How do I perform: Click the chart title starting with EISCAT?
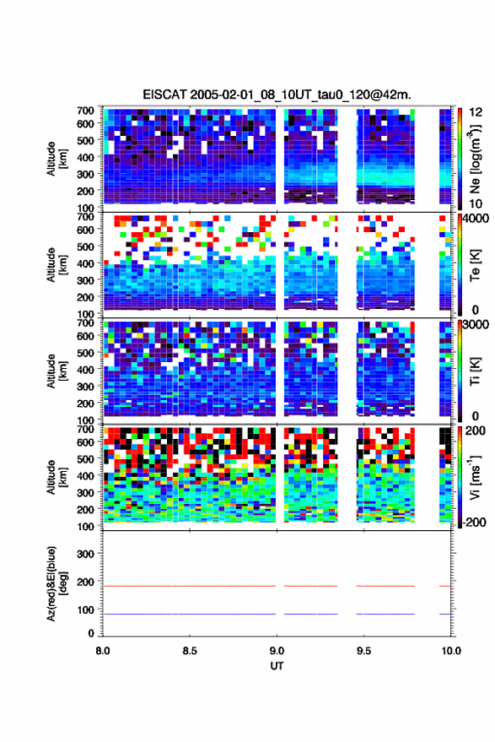(277, 95)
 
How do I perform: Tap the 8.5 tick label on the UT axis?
(190, 651)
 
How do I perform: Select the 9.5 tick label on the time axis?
(363, 651)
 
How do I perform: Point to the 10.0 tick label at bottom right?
(451, 651)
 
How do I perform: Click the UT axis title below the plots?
(277, 666)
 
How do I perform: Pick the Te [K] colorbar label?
(475, 265)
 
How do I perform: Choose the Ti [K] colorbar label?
(475, 371)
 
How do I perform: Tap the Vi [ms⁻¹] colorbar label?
(475, 477)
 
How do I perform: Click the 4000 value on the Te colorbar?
(476, 219)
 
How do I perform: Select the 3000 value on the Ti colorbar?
(476, 325)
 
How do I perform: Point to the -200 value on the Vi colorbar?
(474, 522)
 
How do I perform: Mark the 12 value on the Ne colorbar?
(476, 112)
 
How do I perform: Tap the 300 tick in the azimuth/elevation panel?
(85, 554)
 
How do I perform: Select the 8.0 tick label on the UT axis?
(103, 651)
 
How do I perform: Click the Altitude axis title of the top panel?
(56, 159)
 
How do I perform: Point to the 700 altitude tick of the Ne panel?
(85, 111)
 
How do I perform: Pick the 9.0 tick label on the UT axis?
(277, 651)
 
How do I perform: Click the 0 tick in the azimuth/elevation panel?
(91, 633)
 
